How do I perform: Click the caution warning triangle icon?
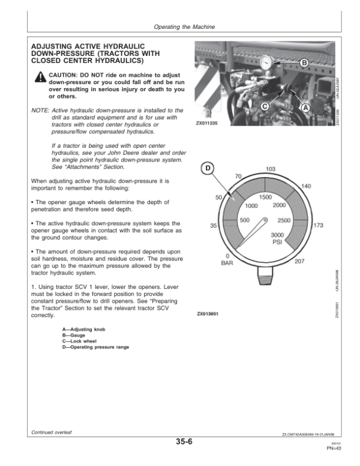39,76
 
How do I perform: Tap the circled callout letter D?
206,169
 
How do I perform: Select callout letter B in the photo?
304,63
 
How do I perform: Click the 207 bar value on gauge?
300,261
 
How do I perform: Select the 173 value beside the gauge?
319,225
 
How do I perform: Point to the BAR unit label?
227,262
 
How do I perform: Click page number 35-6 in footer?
184,443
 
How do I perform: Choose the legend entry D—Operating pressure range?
95,347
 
